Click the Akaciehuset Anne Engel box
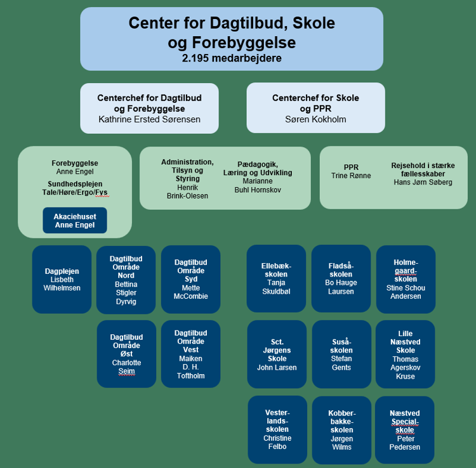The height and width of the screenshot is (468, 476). [75, 220]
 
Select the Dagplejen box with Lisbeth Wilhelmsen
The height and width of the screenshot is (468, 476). [62, 279]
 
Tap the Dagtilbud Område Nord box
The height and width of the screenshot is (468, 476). [126, 280]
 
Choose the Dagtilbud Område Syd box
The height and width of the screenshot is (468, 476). [190, 279]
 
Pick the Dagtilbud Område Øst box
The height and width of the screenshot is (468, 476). [126, 354]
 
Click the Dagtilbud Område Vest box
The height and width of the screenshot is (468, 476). [190, 354]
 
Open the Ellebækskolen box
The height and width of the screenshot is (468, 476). [276, 278]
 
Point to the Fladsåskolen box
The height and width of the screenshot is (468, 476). [341, 278]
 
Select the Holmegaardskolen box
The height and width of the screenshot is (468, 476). [406, 279]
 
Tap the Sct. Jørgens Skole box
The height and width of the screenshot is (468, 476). [277, 354]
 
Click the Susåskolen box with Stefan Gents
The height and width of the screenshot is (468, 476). [341, 354]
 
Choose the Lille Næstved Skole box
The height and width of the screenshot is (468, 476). [406, 354]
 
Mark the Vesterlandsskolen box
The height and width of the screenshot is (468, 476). [277, 429]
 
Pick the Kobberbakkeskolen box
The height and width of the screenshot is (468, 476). [341, 430]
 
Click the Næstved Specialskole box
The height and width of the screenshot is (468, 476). [405, 430]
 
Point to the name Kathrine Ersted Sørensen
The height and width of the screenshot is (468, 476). [149, 119]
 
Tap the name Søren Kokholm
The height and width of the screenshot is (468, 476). [315, 119]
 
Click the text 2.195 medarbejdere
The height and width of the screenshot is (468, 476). [231, 58]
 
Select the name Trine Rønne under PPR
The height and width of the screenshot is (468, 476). [351, 176]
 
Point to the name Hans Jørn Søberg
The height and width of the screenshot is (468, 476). [423, 183]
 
